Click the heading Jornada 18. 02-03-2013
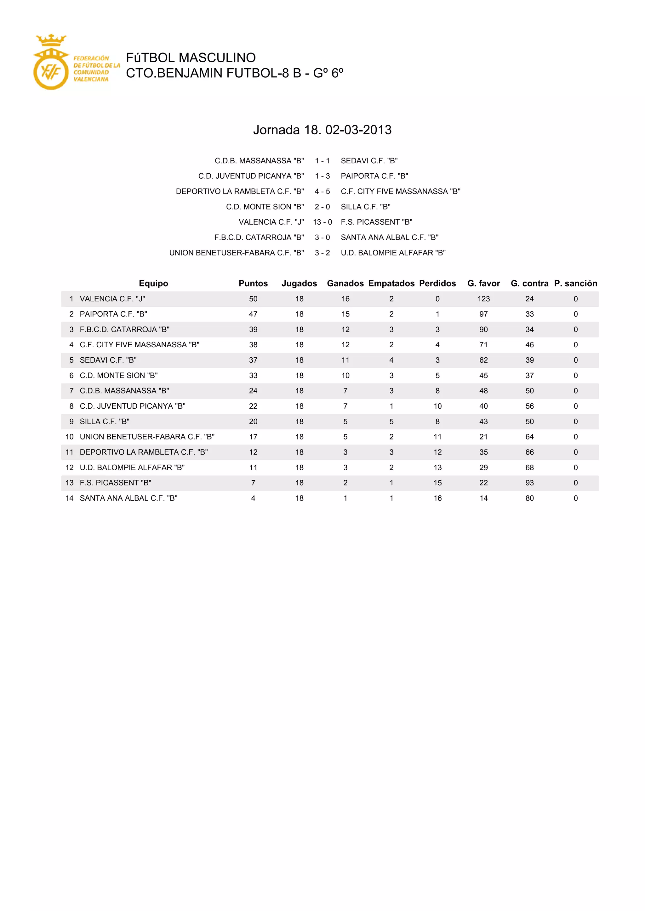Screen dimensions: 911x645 322,130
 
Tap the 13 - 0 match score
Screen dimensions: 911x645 322,222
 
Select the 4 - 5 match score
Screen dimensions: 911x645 322,191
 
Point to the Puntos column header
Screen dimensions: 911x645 253,283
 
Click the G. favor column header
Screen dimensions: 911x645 483,283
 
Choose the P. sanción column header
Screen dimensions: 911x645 575,283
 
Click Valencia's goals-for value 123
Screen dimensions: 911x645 483,299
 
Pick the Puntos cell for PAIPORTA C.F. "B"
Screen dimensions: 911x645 253,314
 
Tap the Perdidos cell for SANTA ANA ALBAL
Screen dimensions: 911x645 437,498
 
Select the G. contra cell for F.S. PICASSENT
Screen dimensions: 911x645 529,483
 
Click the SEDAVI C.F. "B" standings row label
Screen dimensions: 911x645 108,360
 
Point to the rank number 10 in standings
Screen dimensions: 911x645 70,436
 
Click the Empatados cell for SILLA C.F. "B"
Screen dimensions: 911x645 391,422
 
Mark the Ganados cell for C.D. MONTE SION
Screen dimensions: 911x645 345,375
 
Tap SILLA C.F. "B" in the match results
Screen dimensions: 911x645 365,207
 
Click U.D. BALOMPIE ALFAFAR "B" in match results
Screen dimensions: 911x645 393,253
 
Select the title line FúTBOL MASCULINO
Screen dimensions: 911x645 191,58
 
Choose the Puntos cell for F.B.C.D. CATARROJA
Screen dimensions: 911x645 253,329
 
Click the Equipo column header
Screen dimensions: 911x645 153,283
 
